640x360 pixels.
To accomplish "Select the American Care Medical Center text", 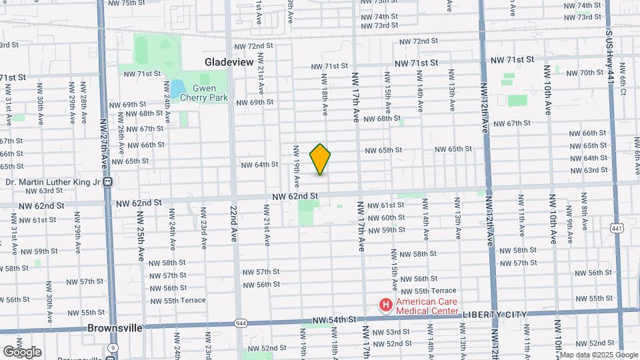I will click(427, 306).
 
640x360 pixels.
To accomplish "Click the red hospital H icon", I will click(385, 306).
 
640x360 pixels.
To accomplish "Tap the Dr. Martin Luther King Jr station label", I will click(51, 181).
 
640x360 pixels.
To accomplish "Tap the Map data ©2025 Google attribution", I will click(603, 354).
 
